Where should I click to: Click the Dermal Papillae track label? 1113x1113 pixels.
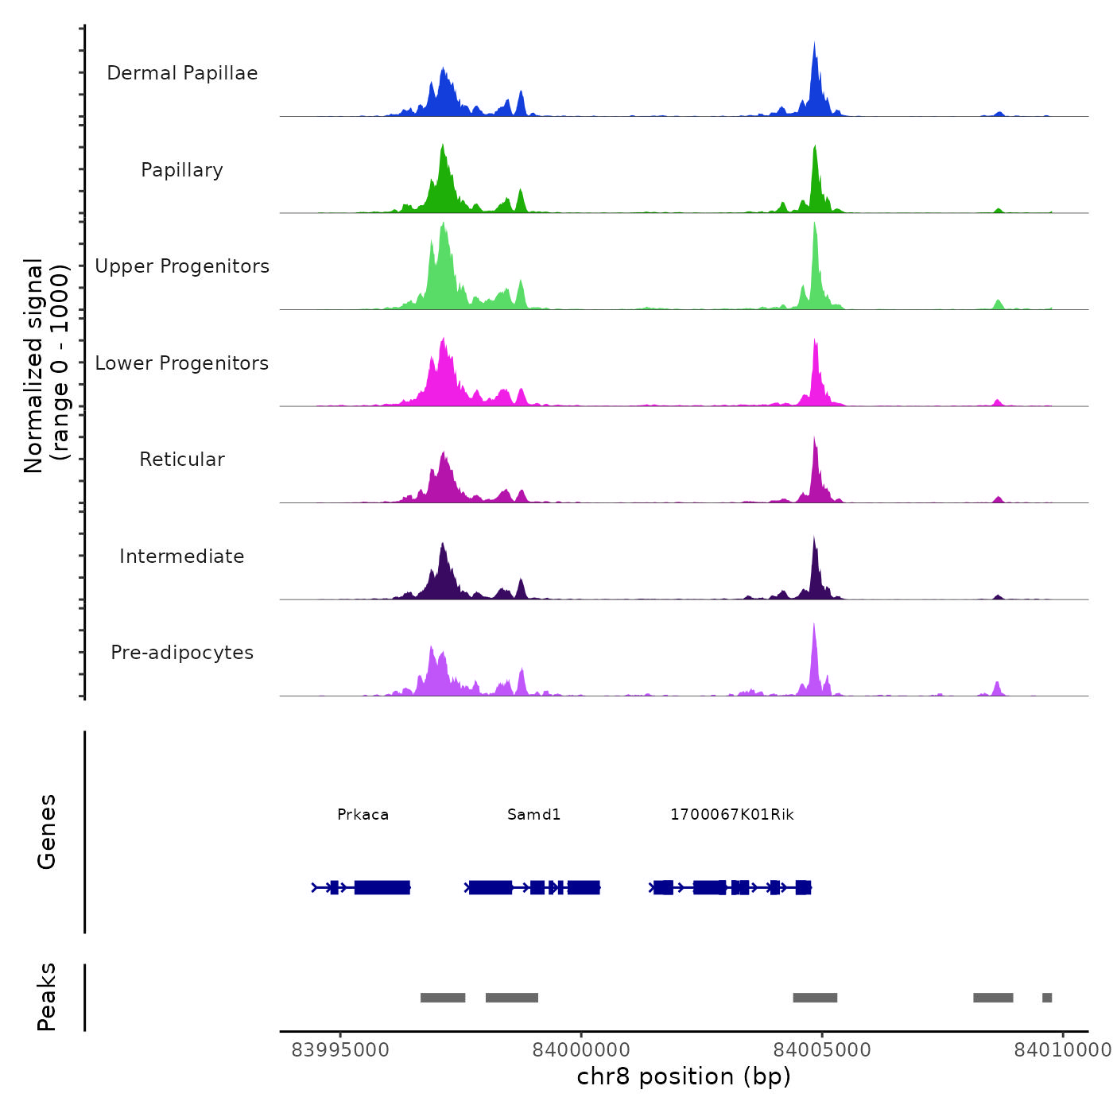click(x=182, y=73)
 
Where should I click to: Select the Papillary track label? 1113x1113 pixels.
click(x=182, y=170)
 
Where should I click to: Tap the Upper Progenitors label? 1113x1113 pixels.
click(x=182, y=266)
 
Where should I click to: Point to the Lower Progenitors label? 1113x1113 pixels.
click(x=182, y=363)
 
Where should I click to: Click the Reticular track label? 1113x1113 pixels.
click(x=182, y=460)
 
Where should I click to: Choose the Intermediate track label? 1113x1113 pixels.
click(x=182, y=556)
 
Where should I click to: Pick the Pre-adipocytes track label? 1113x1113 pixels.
click(x=182, y=653)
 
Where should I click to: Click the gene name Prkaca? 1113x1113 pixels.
click(x=363, y=815)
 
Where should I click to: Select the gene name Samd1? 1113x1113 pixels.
click(x=533, y=815)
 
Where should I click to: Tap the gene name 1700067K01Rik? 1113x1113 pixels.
click(x=731, y=815)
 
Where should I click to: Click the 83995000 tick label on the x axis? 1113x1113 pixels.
click(x=340, y=1050)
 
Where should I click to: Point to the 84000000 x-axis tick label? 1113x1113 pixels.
click(x=581, y=1050)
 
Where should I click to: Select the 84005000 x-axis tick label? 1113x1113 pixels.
click(x=822, y=1050)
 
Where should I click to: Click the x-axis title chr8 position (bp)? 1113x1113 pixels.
click(x=684, y=1077)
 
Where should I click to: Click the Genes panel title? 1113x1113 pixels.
click(x=47, y=832)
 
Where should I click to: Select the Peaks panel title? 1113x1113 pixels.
click(x=47, y=997)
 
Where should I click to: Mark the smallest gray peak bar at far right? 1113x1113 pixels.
click(x=1047, y=998)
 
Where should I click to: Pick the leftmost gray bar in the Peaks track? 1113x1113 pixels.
click(x=443, y=998)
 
